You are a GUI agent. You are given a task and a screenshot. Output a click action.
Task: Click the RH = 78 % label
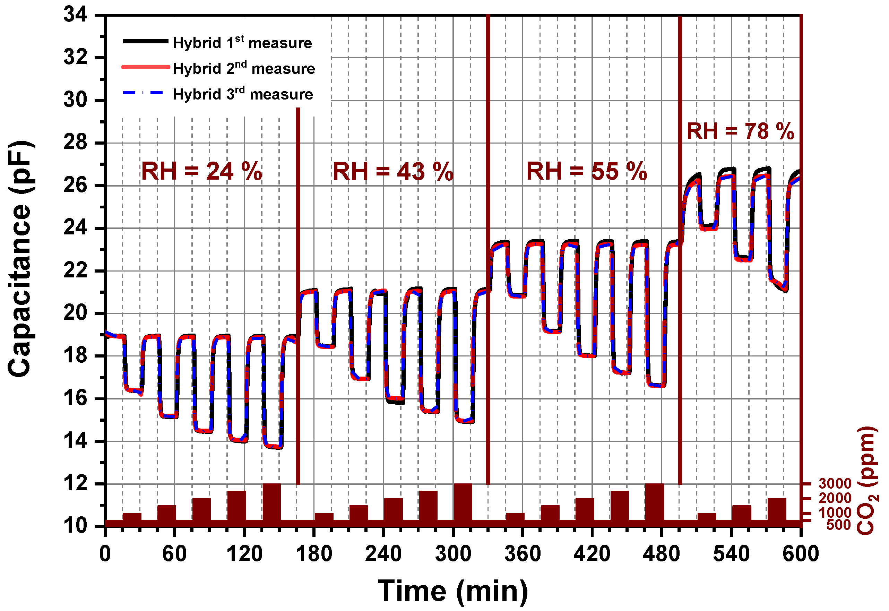[741, 131]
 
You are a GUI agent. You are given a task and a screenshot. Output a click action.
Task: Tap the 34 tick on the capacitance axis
[75, 15]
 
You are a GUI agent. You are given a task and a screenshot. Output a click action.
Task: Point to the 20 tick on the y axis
[75, 313]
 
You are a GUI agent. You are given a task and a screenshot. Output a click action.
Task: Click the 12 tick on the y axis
[75, 484]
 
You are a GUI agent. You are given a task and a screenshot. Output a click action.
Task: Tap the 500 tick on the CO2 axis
[838, 525]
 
